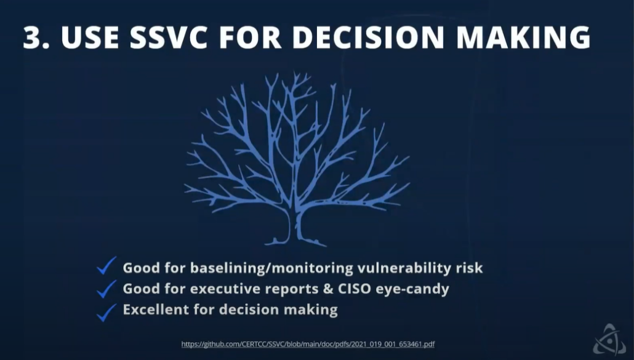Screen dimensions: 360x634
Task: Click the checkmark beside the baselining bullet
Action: (x=106, y=266)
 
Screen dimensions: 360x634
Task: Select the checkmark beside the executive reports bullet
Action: (x=106, y=288)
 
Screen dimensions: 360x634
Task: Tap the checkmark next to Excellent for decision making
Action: (x=106, y=311)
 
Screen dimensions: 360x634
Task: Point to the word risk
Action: (x=469, y=268)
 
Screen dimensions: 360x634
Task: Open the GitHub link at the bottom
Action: (x=308, y=344)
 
